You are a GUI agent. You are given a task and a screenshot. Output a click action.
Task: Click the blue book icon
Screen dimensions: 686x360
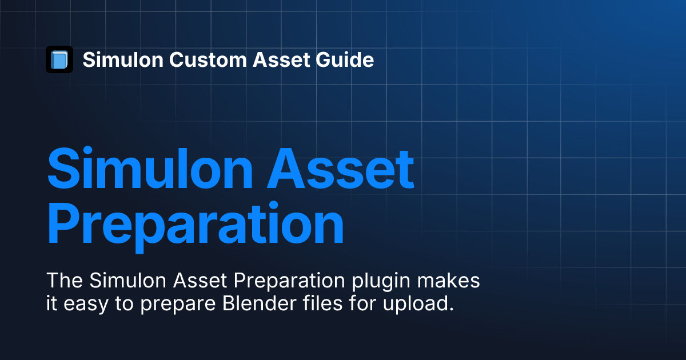point(59,59)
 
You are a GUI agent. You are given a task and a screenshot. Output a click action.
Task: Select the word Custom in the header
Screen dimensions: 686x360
point(208,59)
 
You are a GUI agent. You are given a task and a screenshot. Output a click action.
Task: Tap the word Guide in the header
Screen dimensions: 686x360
point(345,59)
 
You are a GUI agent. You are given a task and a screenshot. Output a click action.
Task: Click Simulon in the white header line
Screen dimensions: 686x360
point(123,59)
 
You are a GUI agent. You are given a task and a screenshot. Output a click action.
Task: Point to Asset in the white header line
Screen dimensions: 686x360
point(281,59)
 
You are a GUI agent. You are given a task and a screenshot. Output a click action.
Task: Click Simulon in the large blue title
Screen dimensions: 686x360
point(150,168)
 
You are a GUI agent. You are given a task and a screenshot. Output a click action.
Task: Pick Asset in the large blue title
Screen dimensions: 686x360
point(341,168)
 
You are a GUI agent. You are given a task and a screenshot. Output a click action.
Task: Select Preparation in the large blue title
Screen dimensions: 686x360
point(196,225)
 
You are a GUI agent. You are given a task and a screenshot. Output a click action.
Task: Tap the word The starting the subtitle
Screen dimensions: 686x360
point(65,280)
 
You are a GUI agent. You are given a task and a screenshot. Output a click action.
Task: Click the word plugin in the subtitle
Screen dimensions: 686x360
point(381,281)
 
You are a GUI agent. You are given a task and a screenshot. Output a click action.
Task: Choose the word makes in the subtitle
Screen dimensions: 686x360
point(448,280)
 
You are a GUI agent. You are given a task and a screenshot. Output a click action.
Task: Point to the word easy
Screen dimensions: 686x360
point(86,304)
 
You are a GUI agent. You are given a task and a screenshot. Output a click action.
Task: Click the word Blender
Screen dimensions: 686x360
point(260,303)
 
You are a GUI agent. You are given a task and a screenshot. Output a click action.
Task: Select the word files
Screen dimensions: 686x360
point(322,303)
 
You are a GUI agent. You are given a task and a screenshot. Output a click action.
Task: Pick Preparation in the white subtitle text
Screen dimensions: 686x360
point(289,281)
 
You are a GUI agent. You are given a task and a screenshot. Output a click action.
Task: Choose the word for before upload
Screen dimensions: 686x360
point(362,303)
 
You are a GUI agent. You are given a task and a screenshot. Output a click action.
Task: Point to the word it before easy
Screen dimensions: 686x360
point(51,303)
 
